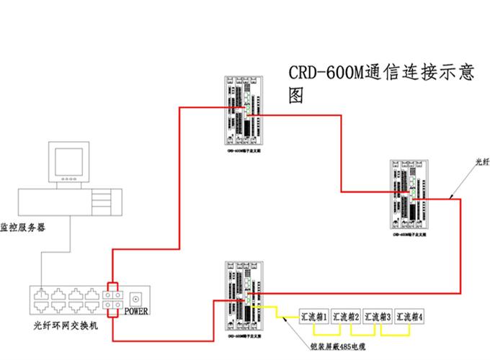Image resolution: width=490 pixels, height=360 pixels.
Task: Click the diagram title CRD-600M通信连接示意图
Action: pyautogui.click(x=381, y=83)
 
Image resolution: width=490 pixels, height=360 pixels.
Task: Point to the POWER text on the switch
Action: pyautogui.click(x=138, y=312)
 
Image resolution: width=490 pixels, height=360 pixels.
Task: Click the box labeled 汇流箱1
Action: pyautogui.click(x=315, y=316)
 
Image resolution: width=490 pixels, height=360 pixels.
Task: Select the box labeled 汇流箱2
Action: pyautogui.click(x=346, y=316)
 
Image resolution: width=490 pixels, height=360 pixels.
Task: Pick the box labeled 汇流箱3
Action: pyautogui.click(x=378, y=316)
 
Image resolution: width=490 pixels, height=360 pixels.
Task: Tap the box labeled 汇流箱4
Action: pyautogui.click(x=409, y=316)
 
